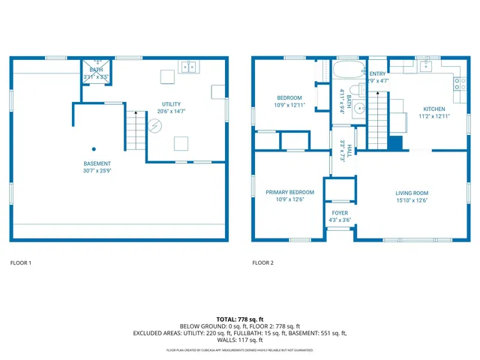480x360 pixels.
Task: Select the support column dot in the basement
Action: [94, 148]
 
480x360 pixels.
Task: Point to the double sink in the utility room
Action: [188, 66]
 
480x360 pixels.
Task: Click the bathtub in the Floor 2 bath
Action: [347, 73]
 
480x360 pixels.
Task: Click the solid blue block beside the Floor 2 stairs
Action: [395, 142]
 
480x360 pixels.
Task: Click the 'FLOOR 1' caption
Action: [21, 262]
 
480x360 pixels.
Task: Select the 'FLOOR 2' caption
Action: [262, 262]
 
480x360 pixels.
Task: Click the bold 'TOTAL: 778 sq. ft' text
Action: [240, 319]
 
